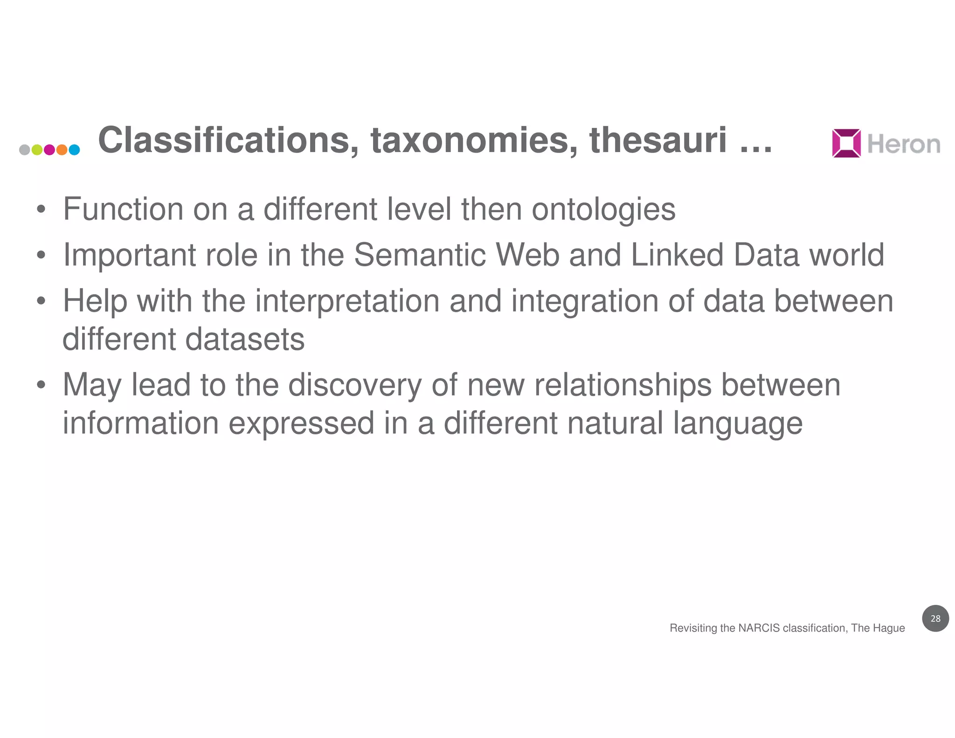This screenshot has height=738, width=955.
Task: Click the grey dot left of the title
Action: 25,150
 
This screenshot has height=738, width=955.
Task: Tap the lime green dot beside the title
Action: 37,150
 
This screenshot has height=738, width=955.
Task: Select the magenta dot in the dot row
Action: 49,150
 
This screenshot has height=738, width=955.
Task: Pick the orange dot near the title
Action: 62,150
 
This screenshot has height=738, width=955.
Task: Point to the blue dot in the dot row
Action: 74,150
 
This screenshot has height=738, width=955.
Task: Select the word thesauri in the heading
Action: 658,140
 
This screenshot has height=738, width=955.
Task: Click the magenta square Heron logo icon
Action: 846,143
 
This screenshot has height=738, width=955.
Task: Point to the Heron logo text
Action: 904,144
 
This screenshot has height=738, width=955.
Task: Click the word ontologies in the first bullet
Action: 603,209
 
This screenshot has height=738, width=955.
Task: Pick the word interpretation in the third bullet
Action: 347,301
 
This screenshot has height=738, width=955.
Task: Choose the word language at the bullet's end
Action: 738,424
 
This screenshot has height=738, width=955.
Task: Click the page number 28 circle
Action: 935,619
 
